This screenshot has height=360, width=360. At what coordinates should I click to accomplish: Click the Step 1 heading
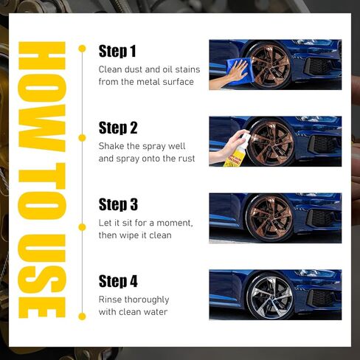pyautogui.click(x=117, y=51)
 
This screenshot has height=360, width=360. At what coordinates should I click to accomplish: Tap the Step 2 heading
pyautogui.click(x=118, y=128)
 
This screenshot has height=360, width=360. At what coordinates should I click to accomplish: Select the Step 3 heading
pyautogui.click(x=118, y=204)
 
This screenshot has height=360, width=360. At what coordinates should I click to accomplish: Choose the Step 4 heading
pyautogui.click(x=118, y=281)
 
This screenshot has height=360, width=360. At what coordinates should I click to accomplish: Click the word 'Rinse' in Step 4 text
pyautogui.click(x=112, y=299)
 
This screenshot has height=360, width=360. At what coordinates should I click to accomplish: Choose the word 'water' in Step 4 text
pyautogui.click(x=155, y=311)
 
